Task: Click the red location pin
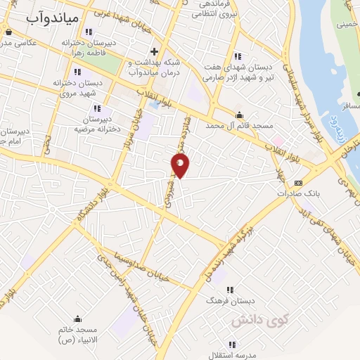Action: point(181,165)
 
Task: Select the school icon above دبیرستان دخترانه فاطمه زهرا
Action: point(88,32)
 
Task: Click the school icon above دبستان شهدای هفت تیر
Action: point(236,56)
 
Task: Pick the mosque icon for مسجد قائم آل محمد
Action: point(240,115)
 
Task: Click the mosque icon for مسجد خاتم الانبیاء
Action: point(77,319)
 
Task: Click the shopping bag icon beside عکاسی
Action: point(7,31)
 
